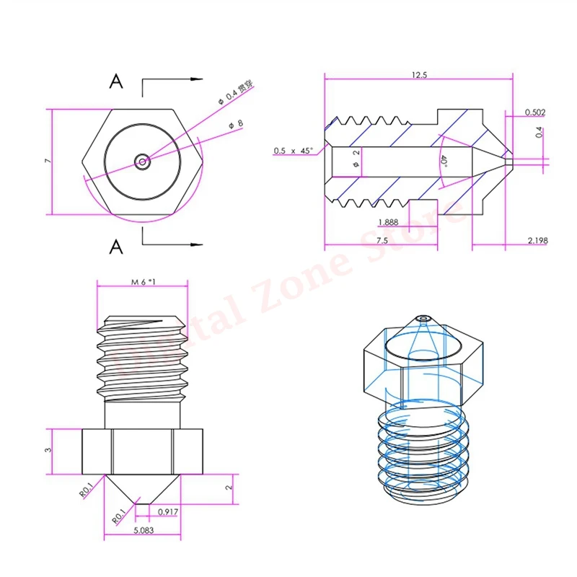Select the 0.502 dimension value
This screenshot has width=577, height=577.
pyautogui.click(x=534, y=112)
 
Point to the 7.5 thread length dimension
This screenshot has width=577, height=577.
pyautogui.click(x=382, y=240)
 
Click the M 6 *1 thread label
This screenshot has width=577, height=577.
pyautogui.click(x=144, y=283)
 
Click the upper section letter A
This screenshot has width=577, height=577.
pyautogui.click(x=115, y=82)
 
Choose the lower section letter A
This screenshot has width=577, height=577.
pyautogui.click(x=115, y=247)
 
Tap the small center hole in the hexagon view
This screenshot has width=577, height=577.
pyautogui.click(x=143, y=162)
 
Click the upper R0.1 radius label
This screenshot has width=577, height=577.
pyautogui.click(x=85, y=491)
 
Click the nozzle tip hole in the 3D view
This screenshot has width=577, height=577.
pyautogui.click(x=423, y=318)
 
